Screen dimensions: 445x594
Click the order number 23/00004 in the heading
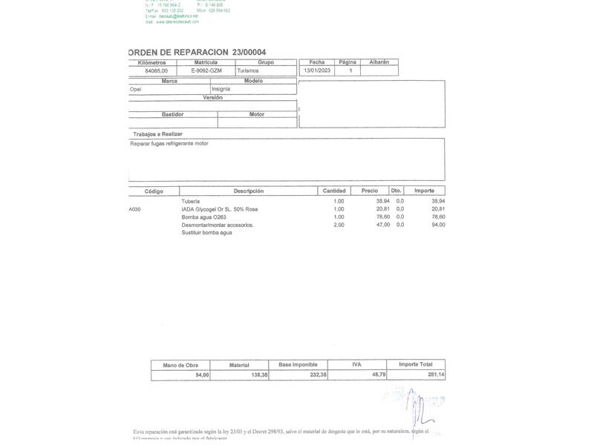click(249, 52)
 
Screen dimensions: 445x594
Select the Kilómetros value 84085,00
click(156, 70)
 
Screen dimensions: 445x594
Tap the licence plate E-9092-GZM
click(206, 70)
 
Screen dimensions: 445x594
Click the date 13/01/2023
click(316, 70)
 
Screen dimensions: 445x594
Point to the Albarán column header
click(379, 62)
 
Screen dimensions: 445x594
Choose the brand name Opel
click(136, 89)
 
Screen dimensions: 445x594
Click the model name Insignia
click(221, 89)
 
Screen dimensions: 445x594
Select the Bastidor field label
click(172, 114)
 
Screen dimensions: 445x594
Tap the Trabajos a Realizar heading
click(157, 133)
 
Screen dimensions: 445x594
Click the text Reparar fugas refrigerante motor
click(169, 143)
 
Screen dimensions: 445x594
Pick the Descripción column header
click(249, 191)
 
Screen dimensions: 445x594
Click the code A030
click(134, 209)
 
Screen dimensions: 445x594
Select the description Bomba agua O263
click(204, 217)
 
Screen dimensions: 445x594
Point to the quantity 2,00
click(339, 225)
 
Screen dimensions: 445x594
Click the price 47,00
click(383, 225)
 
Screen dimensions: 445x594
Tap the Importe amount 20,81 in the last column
click(438, 209)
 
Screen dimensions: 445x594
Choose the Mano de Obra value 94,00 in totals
click(202, 375)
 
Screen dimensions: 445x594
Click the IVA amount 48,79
click(379, 375)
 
